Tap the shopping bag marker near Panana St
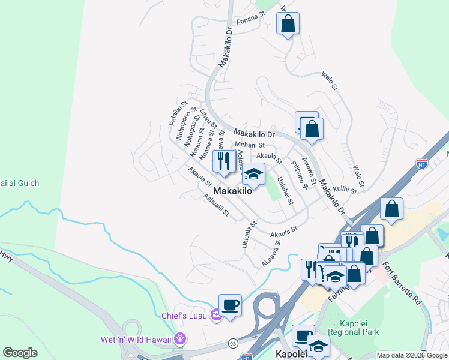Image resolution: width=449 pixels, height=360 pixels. point(288,24)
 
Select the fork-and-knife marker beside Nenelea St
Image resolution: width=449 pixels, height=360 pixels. point(224,162)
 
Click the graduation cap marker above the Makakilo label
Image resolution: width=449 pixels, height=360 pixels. point(253,175)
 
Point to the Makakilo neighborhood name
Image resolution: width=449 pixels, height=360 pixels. point(232,191)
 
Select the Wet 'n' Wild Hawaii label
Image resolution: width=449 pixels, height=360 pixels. point(136,340)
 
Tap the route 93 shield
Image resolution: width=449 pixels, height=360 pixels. point(232,343)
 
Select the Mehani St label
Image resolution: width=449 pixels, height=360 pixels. point(250,145)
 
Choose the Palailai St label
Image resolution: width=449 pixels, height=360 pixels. point(175,113)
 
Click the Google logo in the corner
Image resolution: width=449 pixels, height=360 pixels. point(20,353)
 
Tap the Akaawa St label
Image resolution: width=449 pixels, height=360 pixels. point(271,254)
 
